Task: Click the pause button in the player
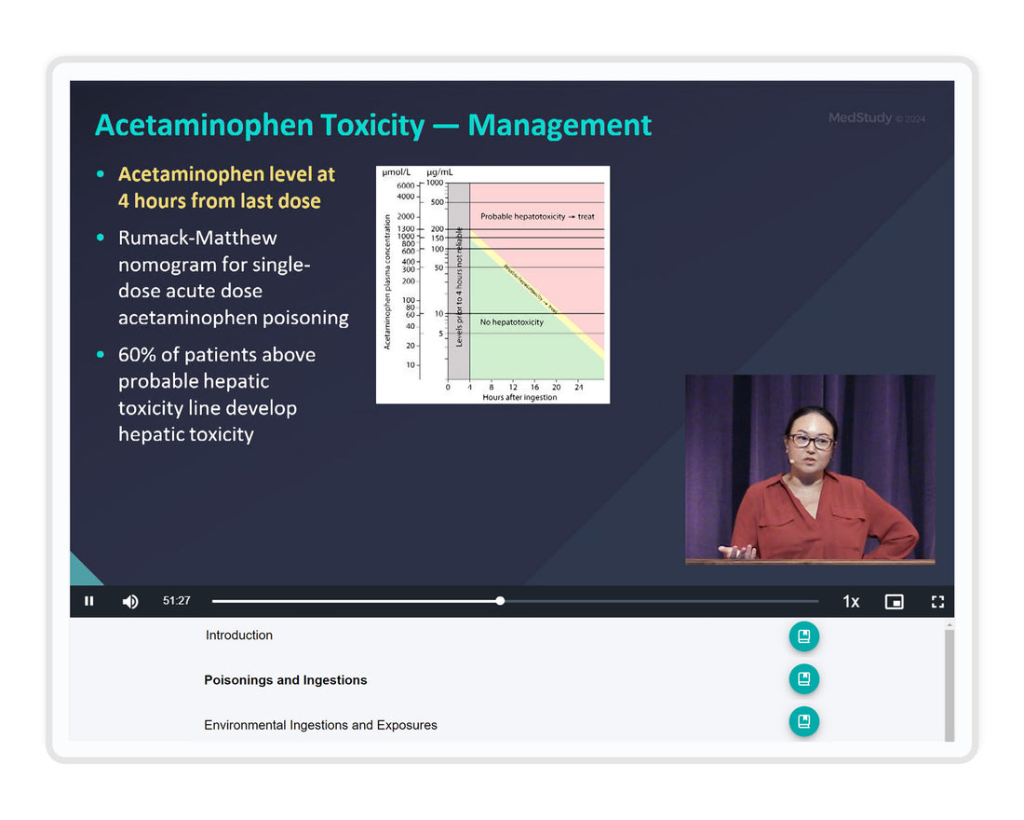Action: (89, 601)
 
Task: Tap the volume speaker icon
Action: (130, 601)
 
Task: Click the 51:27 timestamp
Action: (177, 601)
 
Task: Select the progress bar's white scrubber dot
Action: (500, 601)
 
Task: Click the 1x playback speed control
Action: (851, 602)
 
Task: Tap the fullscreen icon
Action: (937, 602)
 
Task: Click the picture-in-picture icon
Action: (894, 602)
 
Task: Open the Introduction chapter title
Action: (239, 635)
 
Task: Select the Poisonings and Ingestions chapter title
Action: (286, 680)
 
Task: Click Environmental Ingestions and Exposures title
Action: (320, 725)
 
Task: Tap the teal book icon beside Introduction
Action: (804, 636)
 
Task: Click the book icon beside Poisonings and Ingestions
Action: (804, 679)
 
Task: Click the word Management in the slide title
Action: (559, 125)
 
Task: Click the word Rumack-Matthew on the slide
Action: (197, 238)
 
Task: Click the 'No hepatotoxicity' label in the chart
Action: (512, 322)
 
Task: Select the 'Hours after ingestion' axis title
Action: (519, 398)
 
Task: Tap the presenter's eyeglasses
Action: (811, 441)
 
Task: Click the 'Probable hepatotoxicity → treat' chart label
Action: (537, 216)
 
